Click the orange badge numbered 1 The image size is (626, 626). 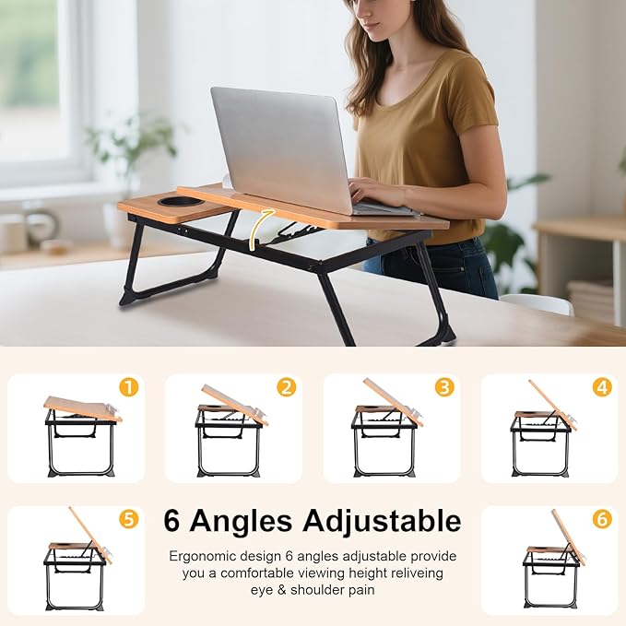click(128, 388)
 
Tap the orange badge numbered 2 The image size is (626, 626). click(287, 388)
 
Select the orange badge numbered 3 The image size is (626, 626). click(444, 388)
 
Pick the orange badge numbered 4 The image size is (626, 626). click(602, 388)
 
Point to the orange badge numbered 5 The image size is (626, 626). click(128, 520)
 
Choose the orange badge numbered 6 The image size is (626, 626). click(602, 520)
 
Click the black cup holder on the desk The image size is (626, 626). click(181, 201)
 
